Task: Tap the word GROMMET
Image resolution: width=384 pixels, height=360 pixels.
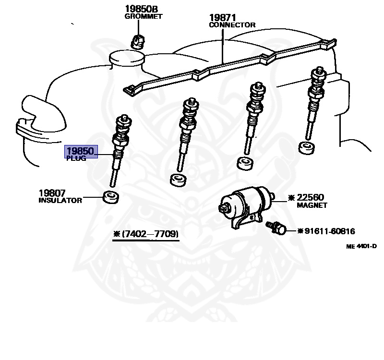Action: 144,16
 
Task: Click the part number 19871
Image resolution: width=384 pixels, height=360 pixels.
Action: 223,18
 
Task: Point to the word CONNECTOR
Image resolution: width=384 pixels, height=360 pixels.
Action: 232,25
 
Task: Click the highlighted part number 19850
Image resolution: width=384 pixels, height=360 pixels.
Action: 82,152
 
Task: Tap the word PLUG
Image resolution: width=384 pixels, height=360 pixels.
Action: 76,159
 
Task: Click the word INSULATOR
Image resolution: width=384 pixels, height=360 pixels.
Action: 60,201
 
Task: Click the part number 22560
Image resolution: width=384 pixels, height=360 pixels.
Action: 310,197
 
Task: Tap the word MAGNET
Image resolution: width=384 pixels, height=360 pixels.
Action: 312,205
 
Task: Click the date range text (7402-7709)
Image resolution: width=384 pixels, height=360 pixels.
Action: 145,234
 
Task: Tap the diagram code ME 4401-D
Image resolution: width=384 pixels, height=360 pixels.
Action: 361,246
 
